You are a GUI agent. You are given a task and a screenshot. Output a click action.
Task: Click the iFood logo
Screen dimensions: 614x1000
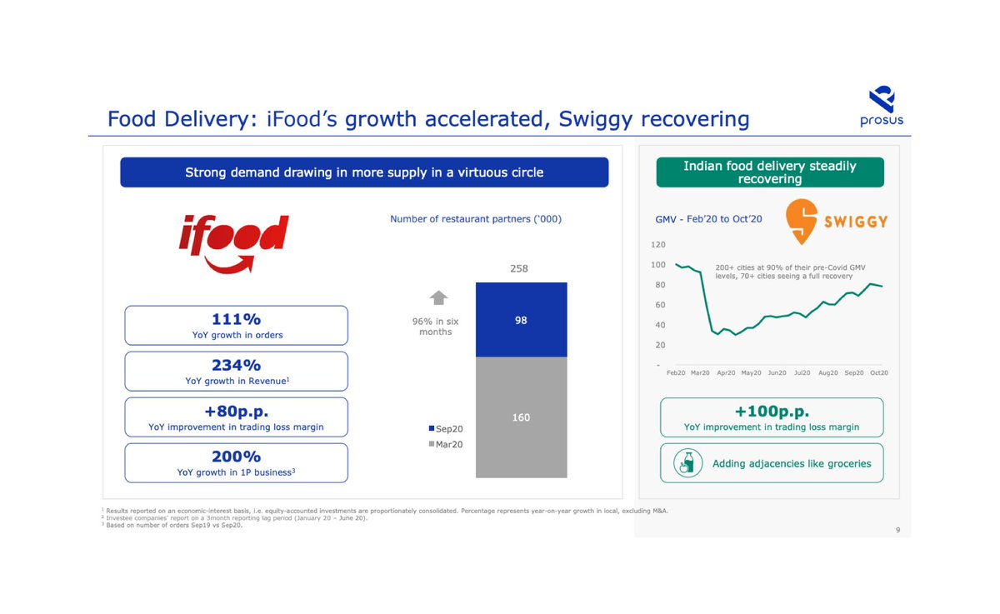(x=234, y=242)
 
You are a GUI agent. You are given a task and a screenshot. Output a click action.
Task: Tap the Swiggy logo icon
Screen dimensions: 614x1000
(x=802, y=221)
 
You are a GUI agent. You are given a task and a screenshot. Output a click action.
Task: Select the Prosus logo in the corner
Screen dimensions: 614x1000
(x=881, y=106)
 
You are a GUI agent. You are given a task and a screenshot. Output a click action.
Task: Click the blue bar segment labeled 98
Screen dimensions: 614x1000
(x=521, y=320)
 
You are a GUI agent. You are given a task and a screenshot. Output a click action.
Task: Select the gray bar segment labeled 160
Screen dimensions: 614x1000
(x=521, y=417)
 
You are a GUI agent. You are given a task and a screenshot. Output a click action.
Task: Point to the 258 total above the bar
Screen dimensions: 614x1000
(x=518, y=268)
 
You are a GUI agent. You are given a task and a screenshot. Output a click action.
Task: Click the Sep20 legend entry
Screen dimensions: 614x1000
(x=446, y=428)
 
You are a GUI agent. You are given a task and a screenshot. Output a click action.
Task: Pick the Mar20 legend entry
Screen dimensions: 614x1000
(x=446, y=444)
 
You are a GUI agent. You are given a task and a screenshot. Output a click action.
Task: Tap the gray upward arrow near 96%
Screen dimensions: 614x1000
(x=438, y=297)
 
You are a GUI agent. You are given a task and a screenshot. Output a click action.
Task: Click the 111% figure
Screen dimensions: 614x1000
(x=237, y=318)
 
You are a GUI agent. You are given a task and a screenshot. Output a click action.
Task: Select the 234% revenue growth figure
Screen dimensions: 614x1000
(x=237, y=364)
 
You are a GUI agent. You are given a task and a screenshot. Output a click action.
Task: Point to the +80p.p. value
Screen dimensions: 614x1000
(x=237, y=411)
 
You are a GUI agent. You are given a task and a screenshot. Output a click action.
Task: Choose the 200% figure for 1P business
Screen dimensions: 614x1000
(x=237, y=457)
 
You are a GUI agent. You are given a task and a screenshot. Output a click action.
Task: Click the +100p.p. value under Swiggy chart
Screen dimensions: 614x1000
(x=772, y=411)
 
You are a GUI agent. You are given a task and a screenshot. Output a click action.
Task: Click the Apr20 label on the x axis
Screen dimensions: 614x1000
(x=726, y=372)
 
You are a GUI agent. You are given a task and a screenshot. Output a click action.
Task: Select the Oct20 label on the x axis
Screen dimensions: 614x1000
(x=878, y=372)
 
